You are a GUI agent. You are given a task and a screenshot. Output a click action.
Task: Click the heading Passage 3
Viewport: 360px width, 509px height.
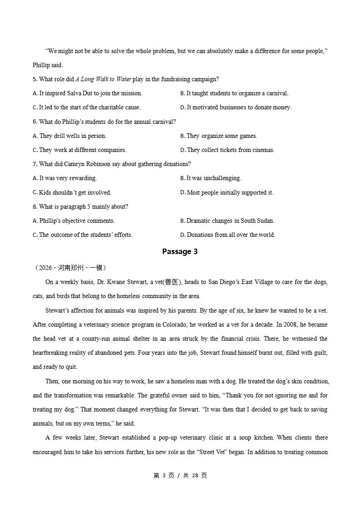(180, 252)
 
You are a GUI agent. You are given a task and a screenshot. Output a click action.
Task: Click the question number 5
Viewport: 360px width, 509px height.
(35, 79)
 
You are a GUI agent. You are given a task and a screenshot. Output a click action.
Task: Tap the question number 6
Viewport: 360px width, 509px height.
(35, 122)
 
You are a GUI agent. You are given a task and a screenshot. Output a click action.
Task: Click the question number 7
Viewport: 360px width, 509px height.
(35, 164)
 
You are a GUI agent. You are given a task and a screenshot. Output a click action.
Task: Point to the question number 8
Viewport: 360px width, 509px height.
(35, 207)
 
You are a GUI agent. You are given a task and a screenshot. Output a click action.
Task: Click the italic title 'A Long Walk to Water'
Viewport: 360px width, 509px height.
(104, 79)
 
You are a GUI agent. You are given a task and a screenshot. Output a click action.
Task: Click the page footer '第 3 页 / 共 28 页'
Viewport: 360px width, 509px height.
(180, 475)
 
